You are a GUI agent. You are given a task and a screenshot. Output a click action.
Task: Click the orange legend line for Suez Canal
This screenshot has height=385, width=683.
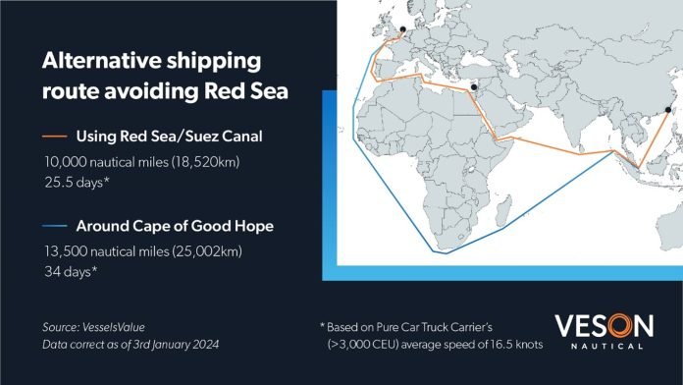click(x=54, y=137)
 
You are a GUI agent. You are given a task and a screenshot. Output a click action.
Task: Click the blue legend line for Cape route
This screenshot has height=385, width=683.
click(x=54, y=226)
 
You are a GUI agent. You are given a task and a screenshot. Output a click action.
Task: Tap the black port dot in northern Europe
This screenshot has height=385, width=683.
click(x=403, y=29)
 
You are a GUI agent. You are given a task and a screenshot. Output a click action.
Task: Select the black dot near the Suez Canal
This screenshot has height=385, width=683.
click(x=474, y=87)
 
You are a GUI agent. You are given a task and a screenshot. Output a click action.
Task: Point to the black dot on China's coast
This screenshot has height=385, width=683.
click(x=668, y=110)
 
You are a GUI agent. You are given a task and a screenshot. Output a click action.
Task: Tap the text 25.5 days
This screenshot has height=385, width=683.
click(x=77, y=182)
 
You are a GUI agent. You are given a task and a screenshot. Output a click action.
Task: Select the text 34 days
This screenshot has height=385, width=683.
click(x=71, y=272)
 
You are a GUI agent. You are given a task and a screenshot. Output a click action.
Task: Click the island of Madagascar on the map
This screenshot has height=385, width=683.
click(x=503, y=211)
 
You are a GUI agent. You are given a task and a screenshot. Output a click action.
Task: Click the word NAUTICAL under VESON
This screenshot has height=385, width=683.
click(x=606, y=346)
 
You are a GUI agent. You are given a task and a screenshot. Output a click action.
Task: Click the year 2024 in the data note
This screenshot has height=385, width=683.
click(x=206, y=345)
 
